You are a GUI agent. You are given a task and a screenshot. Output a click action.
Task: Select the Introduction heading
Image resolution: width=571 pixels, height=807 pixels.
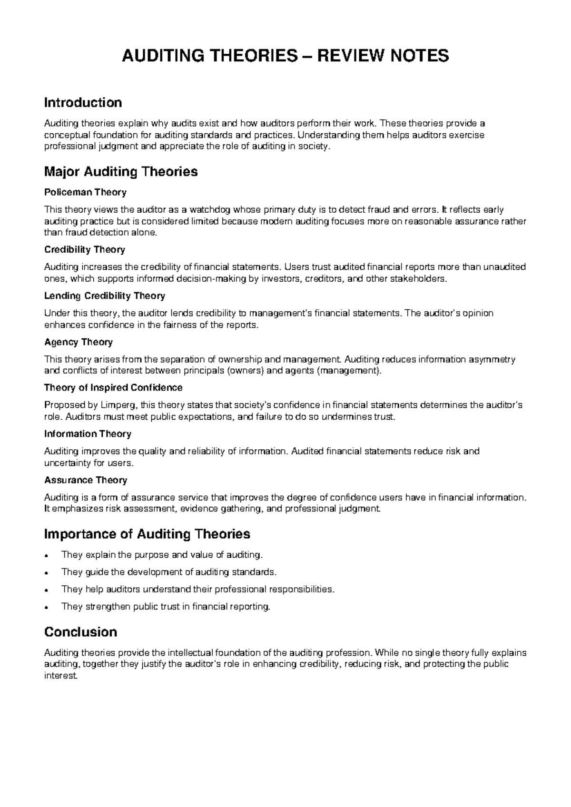click(83, 102)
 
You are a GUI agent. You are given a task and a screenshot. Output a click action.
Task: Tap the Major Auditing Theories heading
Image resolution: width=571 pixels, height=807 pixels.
click(120, 171)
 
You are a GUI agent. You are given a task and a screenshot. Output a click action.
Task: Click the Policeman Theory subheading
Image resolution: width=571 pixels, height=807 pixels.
click(85, 192)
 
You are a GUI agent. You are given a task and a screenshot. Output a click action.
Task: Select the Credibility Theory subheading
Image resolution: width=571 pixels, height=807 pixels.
click(84, 249)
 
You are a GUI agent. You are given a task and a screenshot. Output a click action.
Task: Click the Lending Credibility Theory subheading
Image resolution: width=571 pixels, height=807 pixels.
click(104, 295)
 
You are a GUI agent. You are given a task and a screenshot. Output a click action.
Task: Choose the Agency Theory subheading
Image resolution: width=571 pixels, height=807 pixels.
click(78, 342)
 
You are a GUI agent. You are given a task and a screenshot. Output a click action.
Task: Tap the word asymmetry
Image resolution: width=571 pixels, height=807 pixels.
click(491, 359)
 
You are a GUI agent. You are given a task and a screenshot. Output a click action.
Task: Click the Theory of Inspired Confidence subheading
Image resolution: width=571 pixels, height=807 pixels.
click(113, 387)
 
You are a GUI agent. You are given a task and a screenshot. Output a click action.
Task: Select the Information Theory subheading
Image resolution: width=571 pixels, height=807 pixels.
click(88, 433)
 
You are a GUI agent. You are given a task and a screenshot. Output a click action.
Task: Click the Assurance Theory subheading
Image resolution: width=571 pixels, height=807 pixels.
click(85, 480)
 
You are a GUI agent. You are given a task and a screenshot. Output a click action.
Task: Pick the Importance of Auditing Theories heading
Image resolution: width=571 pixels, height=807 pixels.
click(147, 534)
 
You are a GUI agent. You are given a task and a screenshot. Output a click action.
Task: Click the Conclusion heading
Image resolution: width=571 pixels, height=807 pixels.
click(80, 632)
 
